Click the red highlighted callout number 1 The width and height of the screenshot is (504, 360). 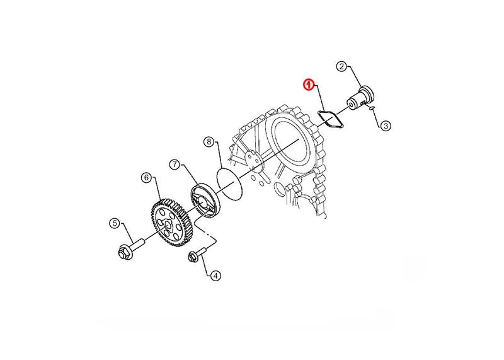click(309, 85)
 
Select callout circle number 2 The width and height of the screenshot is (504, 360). click(341, 67)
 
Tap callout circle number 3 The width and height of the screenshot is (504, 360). click(386, 126)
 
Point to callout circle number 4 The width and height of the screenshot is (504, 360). click(215, 276)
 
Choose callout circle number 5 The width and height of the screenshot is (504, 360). click(115, 223)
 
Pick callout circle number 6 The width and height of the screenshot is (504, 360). click(146, 177)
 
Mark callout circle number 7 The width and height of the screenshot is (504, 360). click(175, 165)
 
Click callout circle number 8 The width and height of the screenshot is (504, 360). click(209, 141)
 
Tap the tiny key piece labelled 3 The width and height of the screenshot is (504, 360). click(372, 108)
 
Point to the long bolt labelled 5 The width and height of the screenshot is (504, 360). click(130, 248)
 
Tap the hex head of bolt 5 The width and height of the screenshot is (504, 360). click(124, 253)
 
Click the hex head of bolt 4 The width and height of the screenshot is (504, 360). click(192, 257)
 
